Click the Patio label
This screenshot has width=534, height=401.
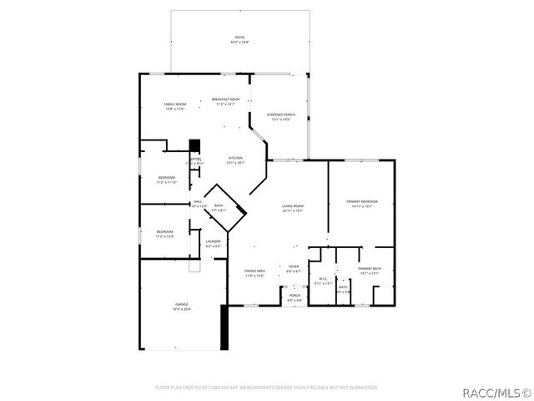[x=239, y=40]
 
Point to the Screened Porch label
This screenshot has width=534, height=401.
[x=281, y=117]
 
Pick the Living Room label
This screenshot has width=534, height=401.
[x=292, y=209]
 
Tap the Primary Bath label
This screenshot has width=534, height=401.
[x=370, y=272]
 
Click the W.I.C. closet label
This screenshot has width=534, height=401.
[x=322, y=282]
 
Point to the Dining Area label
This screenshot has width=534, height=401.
[x=254, y=273]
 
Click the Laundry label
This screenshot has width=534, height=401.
[x=214, y=244]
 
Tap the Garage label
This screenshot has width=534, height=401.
[x=181, y=306]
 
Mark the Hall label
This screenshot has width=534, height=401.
[x=199, y=204]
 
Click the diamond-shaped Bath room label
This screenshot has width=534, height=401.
[x=219, y=208]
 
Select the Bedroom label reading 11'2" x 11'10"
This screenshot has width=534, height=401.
[x=167, y=180]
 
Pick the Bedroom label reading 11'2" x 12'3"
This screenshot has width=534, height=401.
[x=164, y=234]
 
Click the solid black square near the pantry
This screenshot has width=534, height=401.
[x=195, y=145]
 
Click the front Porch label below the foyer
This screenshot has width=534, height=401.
[x=295, y=297]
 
